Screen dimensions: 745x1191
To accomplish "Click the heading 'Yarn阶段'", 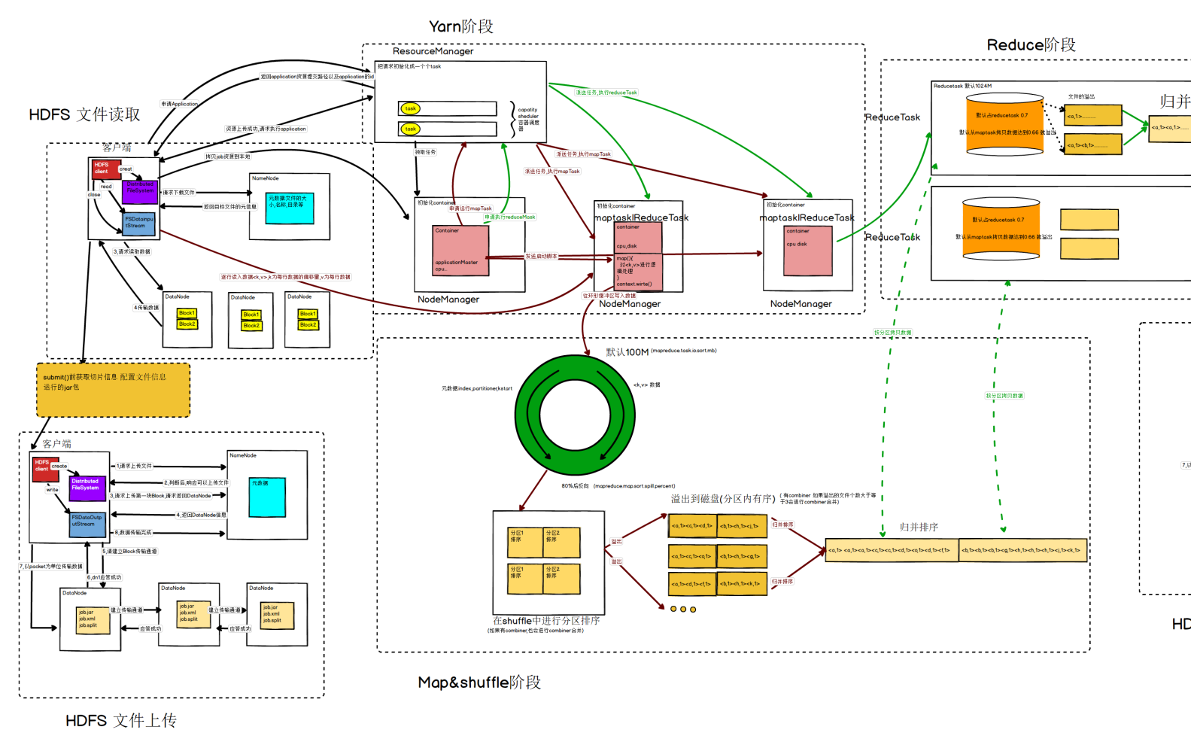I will (x=460, y=26).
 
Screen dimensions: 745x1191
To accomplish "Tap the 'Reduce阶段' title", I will (x=1031, y=45).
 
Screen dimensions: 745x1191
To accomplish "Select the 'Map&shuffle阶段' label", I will (x=479, y=683).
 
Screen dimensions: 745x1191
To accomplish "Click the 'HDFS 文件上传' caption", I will (x=120, y=721).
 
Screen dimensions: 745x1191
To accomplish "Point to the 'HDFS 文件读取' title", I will (x=84, y=114).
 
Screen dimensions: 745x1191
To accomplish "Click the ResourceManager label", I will (x=433, y=51).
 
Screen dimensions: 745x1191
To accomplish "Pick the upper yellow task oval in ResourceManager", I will (x=410, y=108).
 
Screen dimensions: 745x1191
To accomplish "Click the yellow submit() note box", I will (x=113, y=390).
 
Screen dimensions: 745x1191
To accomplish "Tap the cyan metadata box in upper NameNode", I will (x=290, y=208).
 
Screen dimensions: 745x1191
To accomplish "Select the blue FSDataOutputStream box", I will (x=87, y=525).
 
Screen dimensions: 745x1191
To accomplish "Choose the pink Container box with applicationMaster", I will (x=460, y=251).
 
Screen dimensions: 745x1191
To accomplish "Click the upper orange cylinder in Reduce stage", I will (x=1004, y=125).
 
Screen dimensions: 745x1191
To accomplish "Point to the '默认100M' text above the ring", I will (x=627, y=352).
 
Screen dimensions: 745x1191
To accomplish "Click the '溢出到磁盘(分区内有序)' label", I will (x=722, y=499).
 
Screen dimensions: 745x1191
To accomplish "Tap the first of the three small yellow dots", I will (x=673, y=609).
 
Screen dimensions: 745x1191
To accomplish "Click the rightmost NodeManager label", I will (x=801, y=304).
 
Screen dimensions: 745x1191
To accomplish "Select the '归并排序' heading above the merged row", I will (x=919, y=528).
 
